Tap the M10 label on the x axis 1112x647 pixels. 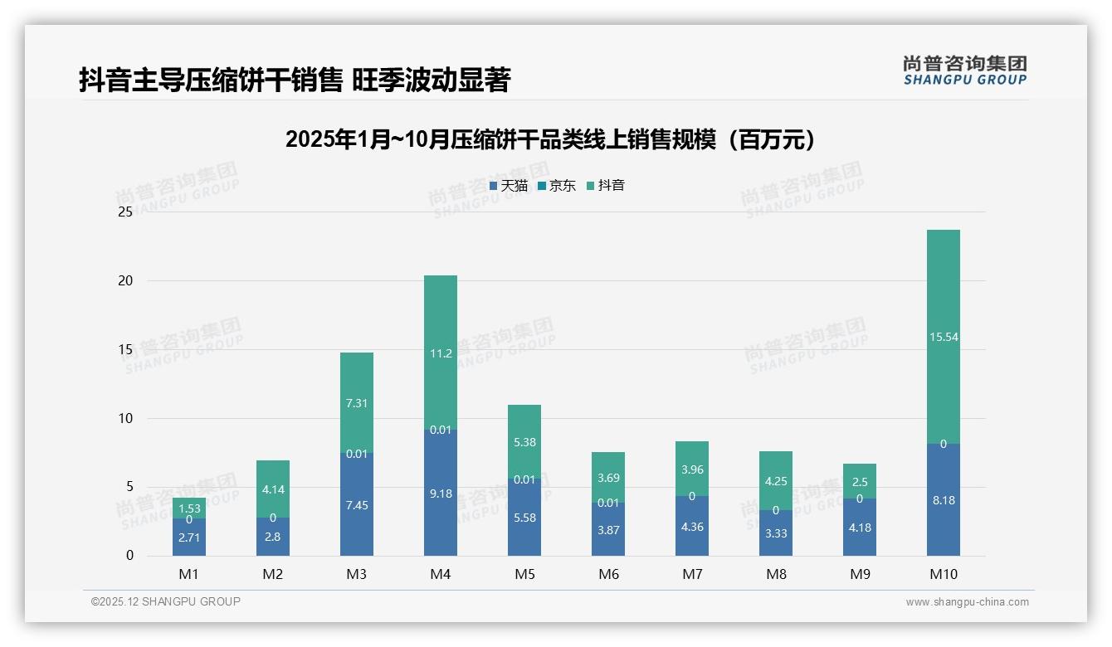click(x=943, y=574)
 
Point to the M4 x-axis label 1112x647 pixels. click(x=440, y=574)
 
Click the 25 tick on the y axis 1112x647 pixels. click(x=125, y=212)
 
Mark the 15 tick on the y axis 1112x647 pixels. click(x=125, y=349)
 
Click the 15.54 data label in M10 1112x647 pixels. click(x=943, y=337)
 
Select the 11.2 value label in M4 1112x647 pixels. click(x=440, y=353)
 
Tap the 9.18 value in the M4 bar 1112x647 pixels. click(x=440, y=494)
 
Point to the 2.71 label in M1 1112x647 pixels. click(x=189, y=538)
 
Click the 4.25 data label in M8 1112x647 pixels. click(x=775, y=481)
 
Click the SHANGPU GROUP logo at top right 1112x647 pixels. click(x=964, y=71)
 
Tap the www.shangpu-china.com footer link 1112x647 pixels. click(x=967, y=602)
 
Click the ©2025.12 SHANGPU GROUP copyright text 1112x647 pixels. click(x=166, y=601)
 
